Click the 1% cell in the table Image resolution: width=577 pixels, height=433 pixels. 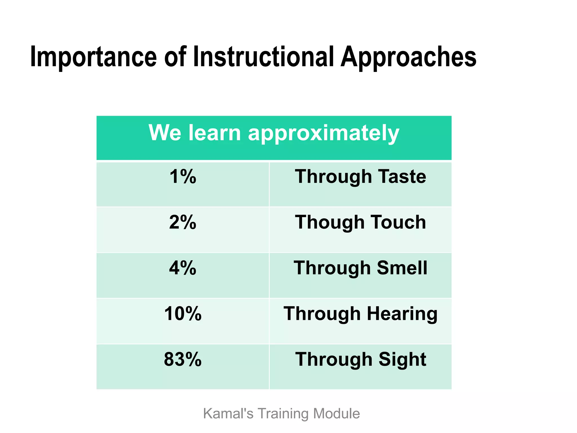pyautogui.click(x=183, y=177)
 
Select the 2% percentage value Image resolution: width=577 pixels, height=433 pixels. pyautogui.click(x=183, y=222)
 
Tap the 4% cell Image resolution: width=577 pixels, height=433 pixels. pyautogui.click(x=183, y=268)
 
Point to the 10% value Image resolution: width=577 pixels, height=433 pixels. pyautogui.click(x=183, y=314)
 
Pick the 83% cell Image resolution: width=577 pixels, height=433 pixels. pyautogui.click(x=183, y=359)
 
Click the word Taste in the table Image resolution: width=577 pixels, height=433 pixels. pyautogui.click(x=402, y=177)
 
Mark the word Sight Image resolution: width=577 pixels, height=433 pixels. pyautogui.click(x=402, y=359)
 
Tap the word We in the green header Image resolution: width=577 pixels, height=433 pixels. pyautogui.click(x=165, y=132)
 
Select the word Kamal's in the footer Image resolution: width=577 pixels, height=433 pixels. pyautogui.click(x=228, y=414)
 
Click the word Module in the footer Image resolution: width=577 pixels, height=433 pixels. pyautogui.click(x=336, y=414)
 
